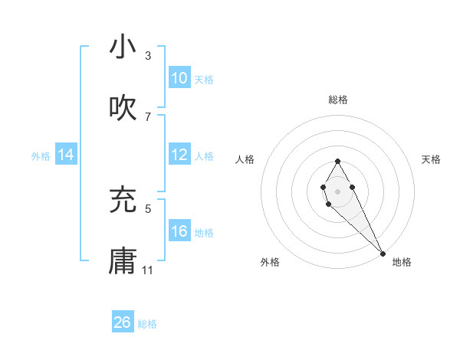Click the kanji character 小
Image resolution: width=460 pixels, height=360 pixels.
[123, 47]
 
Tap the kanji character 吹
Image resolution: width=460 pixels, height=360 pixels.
[123, 108]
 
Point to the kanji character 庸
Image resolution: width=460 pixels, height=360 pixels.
[123, 261]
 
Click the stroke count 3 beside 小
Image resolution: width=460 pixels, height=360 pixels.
[148, 56]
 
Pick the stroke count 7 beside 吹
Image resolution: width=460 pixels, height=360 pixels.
[148, 116]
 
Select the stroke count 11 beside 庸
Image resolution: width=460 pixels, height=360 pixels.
[148, 270]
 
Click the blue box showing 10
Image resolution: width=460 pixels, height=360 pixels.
[179, 78]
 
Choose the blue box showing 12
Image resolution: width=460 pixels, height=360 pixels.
[179, 155]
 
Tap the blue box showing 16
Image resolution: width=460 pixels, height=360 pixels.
[179, 231]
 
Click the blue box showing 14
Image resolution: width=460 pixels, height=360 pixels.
[66, 155]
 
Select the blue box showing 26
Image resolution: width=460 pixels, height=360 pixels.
[123, 322]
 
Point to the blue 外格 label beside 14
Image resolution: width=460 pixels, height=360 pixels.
[41, 156]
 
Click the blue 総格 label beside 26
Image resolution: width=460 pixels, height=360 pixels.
[147, 324]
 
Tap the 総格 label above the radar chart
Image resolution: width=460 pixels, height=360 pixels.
[338, 100]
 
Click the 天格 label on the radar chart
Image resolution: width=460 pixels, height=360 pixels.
[432, 159]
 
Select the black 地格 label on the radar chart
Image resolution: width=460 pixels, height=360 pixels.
[402, 262]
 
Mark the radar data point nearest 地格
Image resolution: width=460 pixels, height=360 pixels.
[383, 253]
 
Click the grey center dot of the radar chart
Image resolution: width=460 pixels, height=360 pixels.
[337, 189]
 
